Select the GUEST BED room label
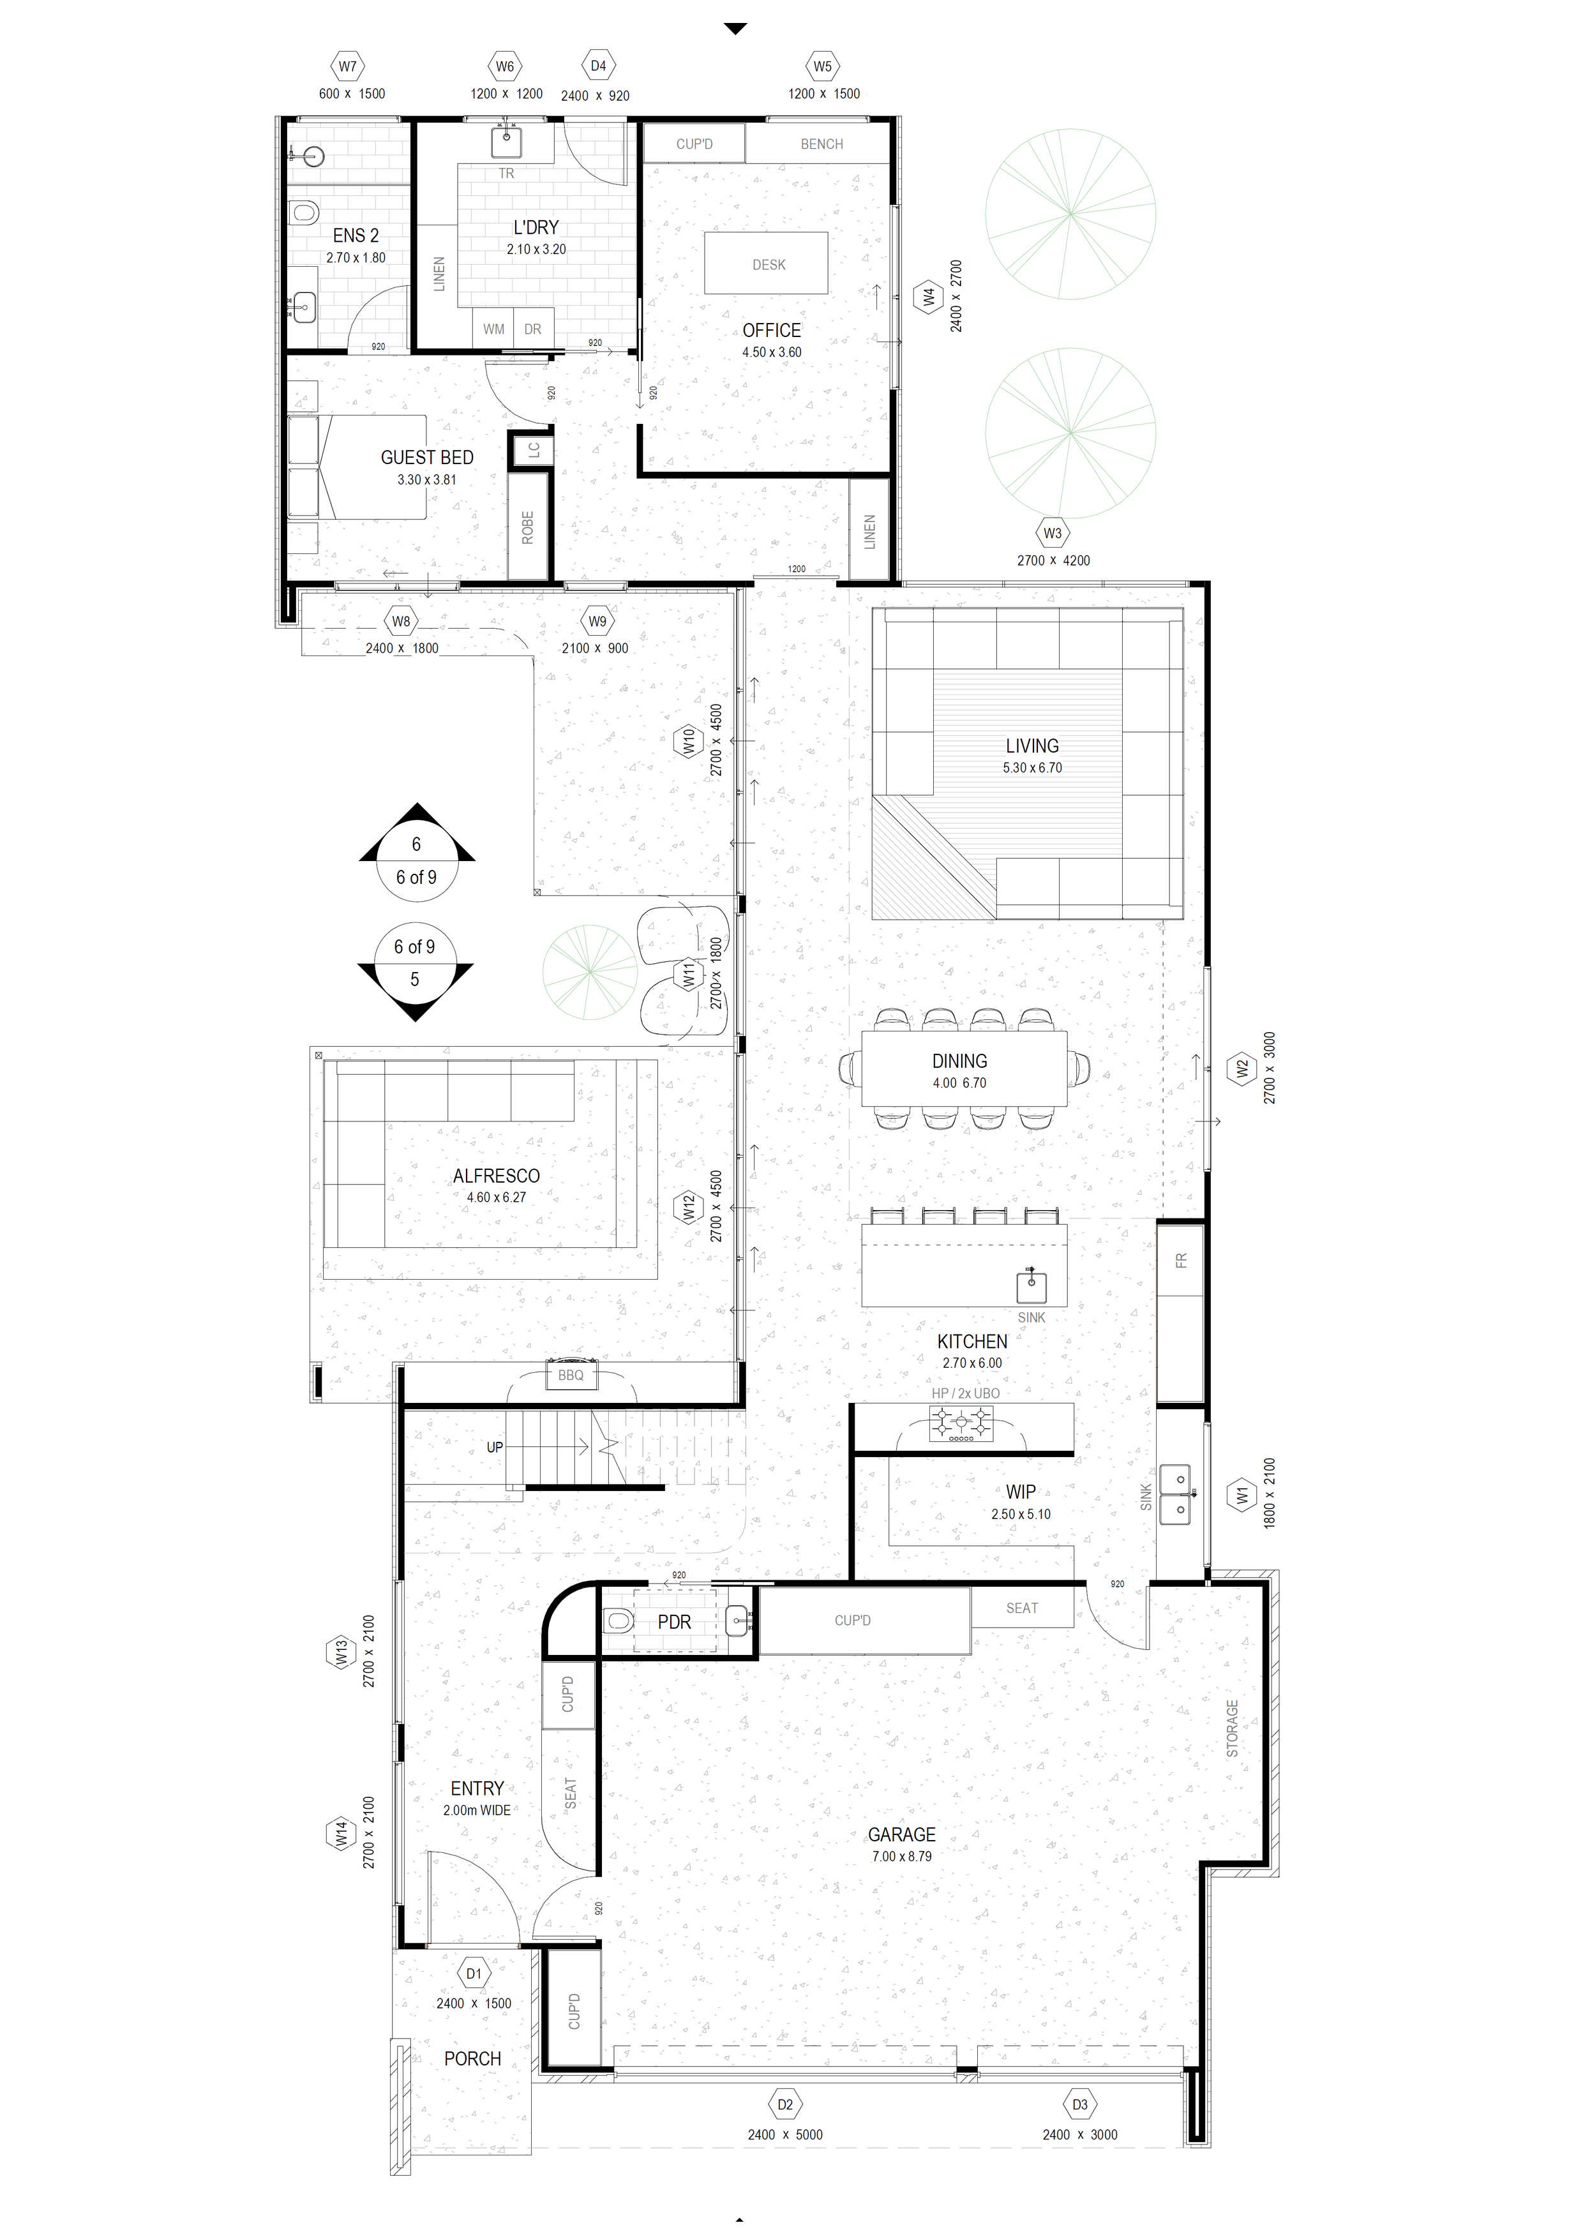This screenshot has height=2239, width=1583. click(x=427, y=458)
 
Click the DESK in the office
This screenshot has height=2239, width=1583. click(x=769, y=264)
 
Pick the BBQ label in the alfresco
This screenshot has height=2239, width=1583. click(x=571, y=1375)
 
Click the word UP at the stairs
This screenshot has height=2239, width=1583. click(x=495, y=1447)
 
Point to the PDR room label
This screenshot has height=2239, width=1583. click(x=674, y=1622)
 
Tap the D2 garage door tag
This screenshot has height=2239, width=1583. click(x=784, y=2104)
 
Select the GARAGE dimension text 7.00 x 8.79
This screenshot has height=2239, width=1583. click(x=901, y=1857)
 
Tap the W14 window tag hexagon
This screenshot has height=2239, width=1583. click(x=340, y=1834)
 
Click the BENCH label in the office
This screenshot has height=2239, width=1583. click(x=822, y=144)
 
